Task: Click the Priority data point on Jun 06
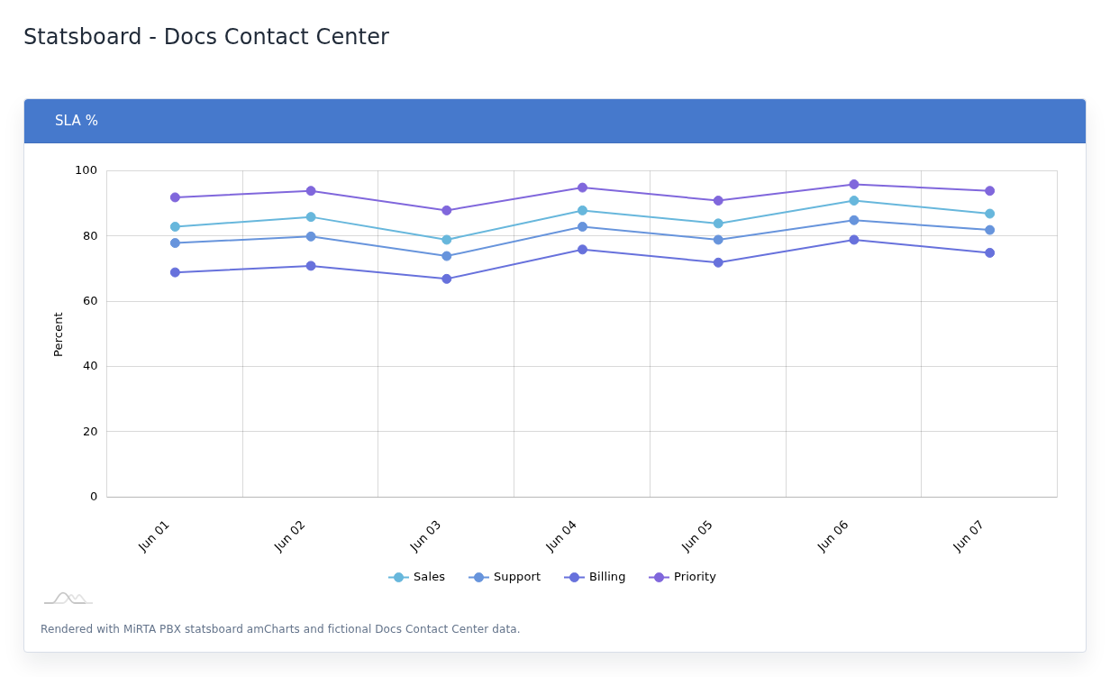[854, 185]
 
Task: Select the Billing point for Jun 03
[447, 279]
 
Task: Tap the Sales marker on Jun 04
[582, 211]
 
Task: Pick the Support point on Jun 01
[175, 243]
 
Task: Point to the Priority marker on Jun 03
[447, 211]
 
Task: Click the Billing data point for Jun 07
[989, 253]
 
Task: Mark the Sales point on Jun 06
[854, 201]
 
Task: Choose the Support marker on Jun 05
[718, 240]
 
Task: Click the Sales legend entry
[417, 577]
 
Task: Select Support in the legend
[505, 577]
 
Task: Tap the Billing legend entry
[595, 577]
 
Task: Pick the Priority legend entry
[682, 577]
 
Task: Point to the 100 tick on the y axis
[86, 170]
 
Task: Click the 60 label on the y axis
[90, 301]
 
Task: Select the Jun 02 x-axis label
[289, 536]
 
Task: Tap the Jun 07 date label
[969, 536]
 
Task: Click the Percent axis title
[59, 334]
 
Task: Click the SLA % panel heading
[77, 121]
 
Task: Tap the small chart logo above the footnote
[68, 599]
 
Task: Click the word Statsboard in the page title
[83, 37]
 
